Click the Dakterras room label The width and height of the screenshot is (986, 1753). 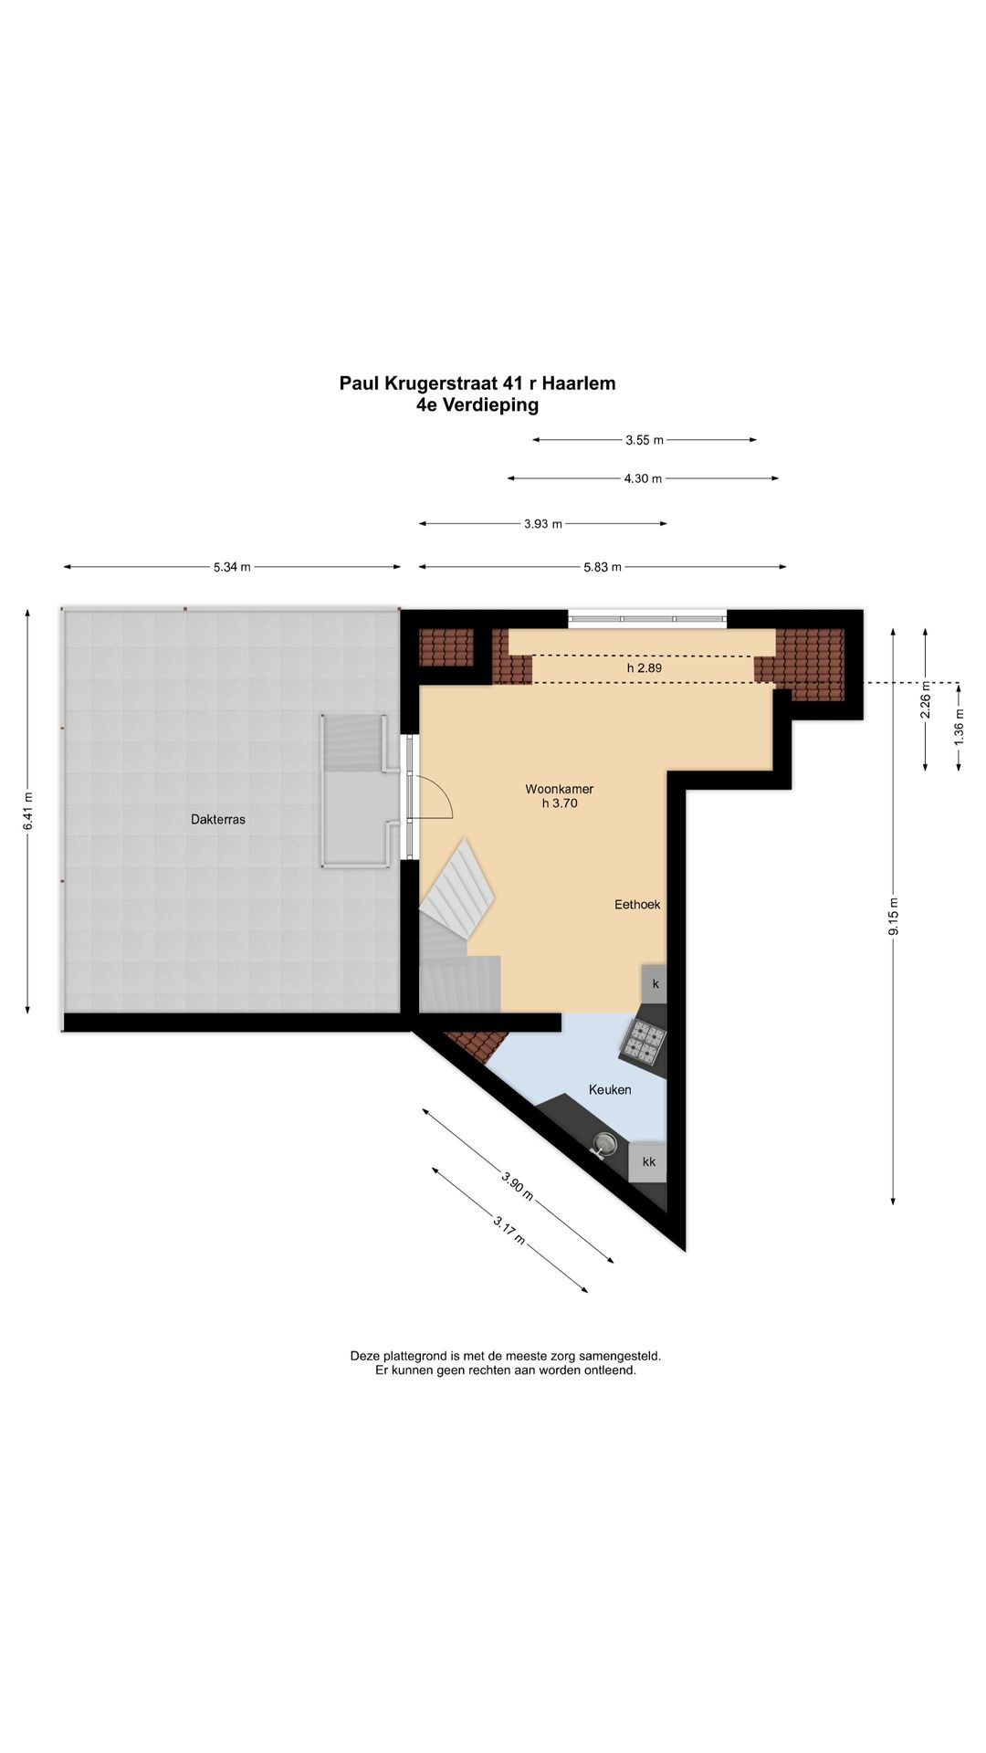[x=218, y=819]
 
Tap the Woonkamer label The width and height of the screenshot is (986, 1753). [x=559, y=789]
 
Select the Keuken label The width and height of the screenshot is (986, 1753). [x=610, y=1089]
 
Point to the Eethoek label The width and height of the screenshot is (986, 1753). [x=637, y=905]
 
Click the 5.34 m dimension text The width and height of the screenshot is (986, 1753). [x=232, y=567]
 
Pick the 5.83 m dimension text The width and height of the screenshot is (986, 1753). [x=603, y=567]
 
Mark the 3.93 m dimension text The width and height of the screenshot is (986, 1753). [x=543, y=524]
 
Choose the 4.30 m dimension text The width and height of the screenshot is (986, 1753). [x=644, y=478]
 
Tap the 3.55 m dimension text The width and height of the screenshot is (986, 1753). [x=645, y=440]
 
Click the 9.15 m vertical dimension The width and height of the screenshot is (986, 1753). [x=894, y=917]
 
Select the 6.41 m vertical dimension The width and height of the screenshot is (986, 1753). [x=28, y=811]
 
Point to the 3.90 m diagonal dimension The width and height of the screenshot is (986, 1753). [x=517, y=1185]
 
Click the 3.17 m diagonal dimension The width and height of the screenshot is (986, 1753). [x=509, y=1230]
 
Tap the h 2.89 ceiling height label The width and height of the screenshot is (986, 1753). [x=645, y=668]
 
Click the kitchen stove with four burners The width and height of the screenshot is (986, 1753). [x=645, y=1042]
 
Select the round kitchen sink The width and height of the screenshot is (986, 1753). [x=603, y=1143]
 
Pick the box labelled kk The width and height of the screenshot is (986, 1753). [x=648, y=1162]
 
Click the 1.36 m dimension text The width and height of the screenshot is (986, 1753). [x=959, y=727]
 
